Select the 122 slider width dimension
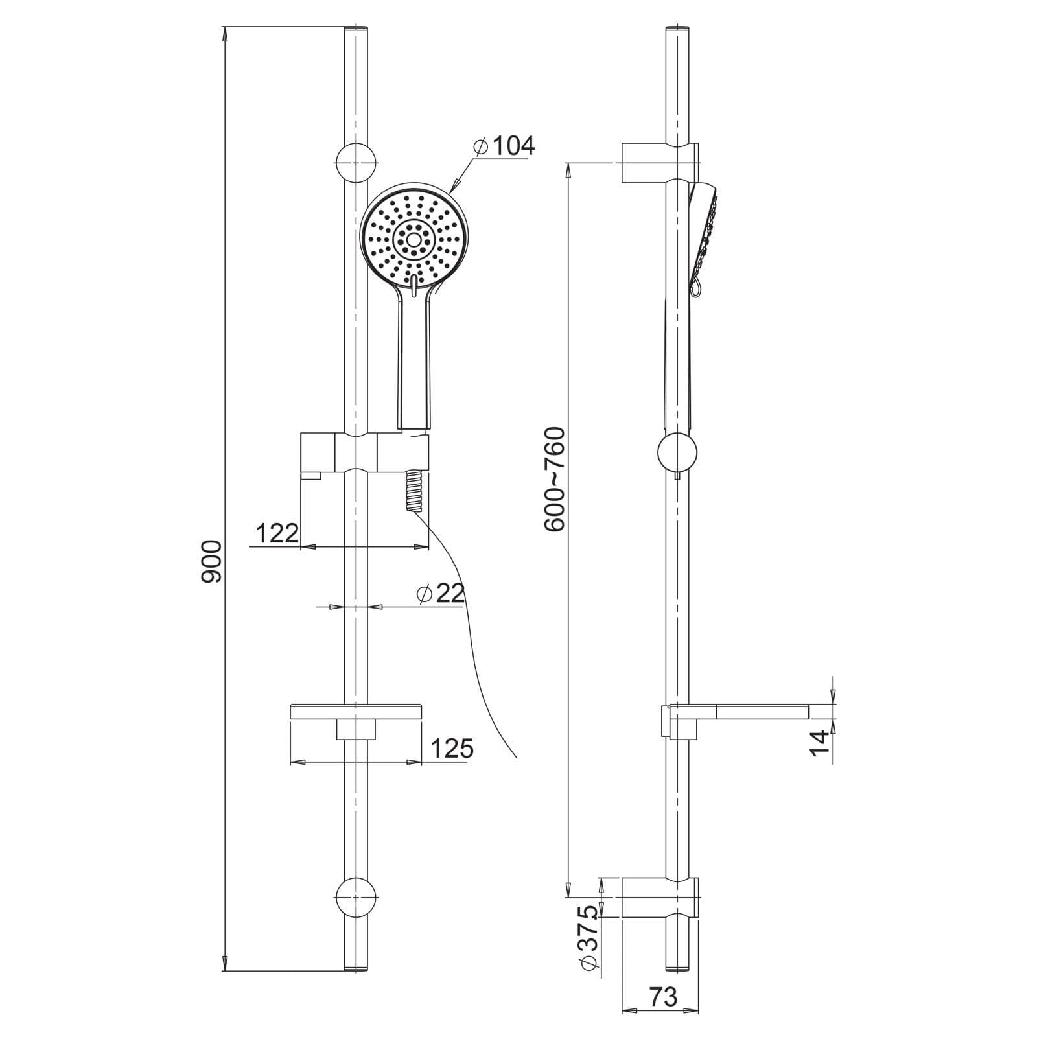coord(277,533)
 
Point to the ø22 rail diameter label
coord(441,593)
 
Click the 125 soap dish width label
coord(452,749)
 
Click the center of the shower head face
coord(412,239)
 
